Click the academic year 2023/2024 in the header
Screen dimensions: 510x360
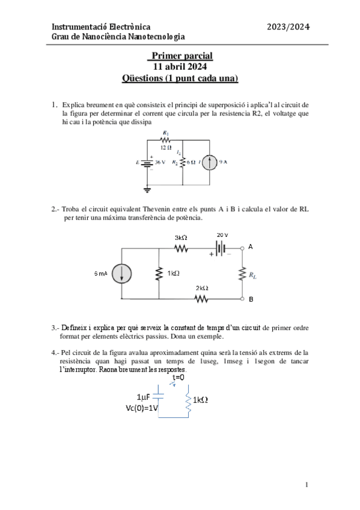[x=288, y=26]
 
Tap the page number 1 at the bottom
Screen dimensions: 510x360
[x=307, y=484]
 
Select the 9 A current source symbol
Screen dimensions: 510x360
[x=210, y=162]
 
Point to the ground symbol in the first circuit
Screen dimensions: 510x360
[x=147, y=189]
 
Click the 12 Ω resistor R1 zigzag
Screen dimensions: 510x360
[x=166, y=139]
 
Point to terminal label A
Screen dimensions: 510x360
[x=251, y=247]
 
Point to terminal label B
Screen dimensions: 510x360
[x=251, y=299]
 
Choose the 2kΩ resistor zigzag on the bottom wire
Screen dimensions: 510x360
[x=201, y=298]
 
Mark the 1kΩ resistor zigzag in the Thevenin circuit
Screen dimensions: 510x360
[x=159, y=273]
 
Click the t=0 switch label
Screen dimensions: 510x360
[x=178, y=377]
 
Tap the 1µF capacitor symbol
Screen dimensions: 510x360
[x=157, y=396]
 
